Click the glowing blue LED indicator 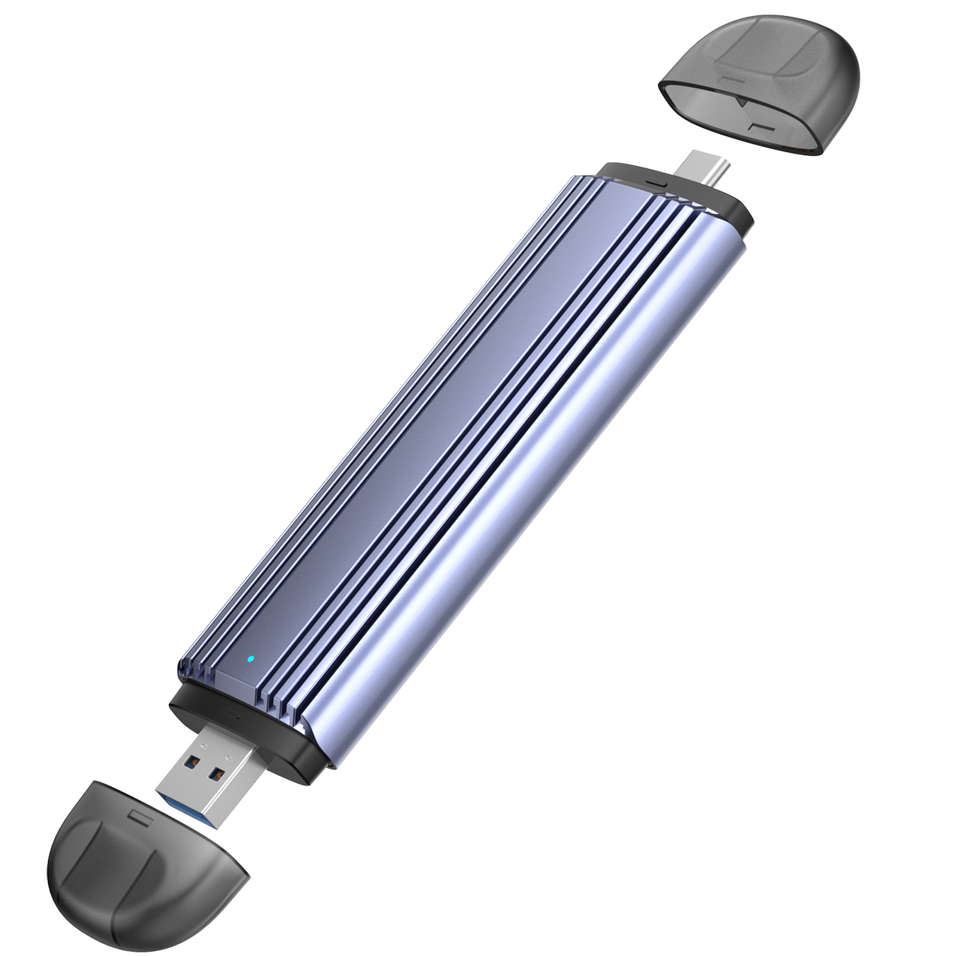tap(251, 659)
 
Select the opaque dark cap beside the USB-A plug tap(143, 868)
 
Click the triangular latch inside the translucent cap tap(740, 103)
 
